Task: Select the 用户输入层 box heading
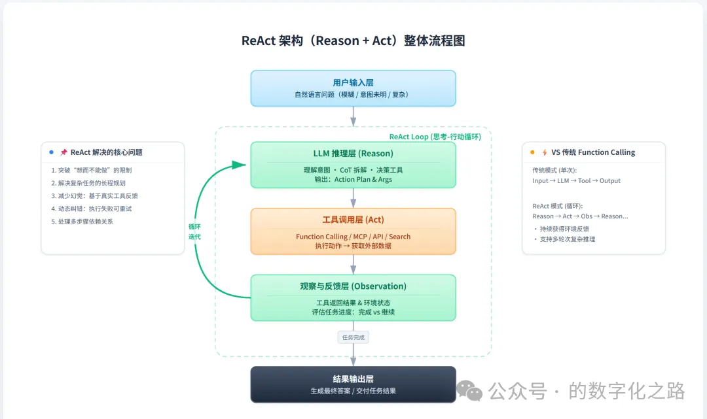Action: coord(353,82)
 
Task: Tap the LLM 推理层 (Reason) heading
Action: coord(353,154)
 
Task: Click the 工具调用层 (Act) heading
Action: coord(353,220)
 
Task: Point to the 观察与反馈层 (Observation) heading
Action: coord(353,286)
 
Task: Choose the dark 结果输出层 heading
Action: coord(353,378)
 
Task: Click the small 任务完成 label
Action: coord(353,337)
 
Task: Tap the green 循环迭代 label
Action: coord(194,231)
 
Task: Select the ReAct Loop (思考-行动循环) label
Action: coord(435,137)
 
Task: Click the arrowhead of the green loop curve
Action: coord(240,166)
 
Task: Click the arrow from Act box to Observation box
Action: coord(353,265)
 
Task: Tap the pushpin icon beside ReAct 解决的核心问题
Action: coord(63,152)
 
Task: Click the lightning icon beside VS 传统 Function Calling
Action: coord(544,152)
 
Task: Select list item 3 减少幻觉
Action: coord(94,196)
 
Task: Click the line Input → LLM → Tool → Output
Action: coord(576,181)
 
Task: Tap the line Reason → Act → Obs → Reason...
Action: coord(580,216)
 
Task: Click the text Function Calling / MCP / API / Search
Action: coord(353,237)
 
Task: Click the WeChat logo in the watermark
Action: coord(469,392)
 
